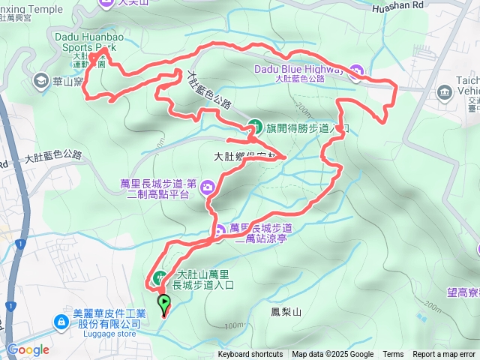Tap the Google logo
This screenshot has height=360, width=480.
click(x=28, y=349)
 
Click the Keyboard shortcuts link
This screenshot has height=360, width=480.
click(x=250, y=355)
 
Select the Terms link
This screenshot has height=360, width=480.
click(x=393, y=355)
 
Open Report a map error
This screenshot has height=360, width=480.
click(x=444, y=355)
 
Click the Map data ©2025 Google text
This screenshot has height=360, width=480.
click(x=332, y=355)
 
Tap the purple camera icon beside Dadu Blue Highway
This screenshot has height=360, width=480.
click(x=355, y=71)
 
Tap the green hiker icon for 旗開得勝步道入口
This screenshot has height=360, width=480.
click(x=254, y=125)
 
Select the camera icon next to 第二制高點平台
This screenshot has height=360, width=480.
click(x=208, y=187)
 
